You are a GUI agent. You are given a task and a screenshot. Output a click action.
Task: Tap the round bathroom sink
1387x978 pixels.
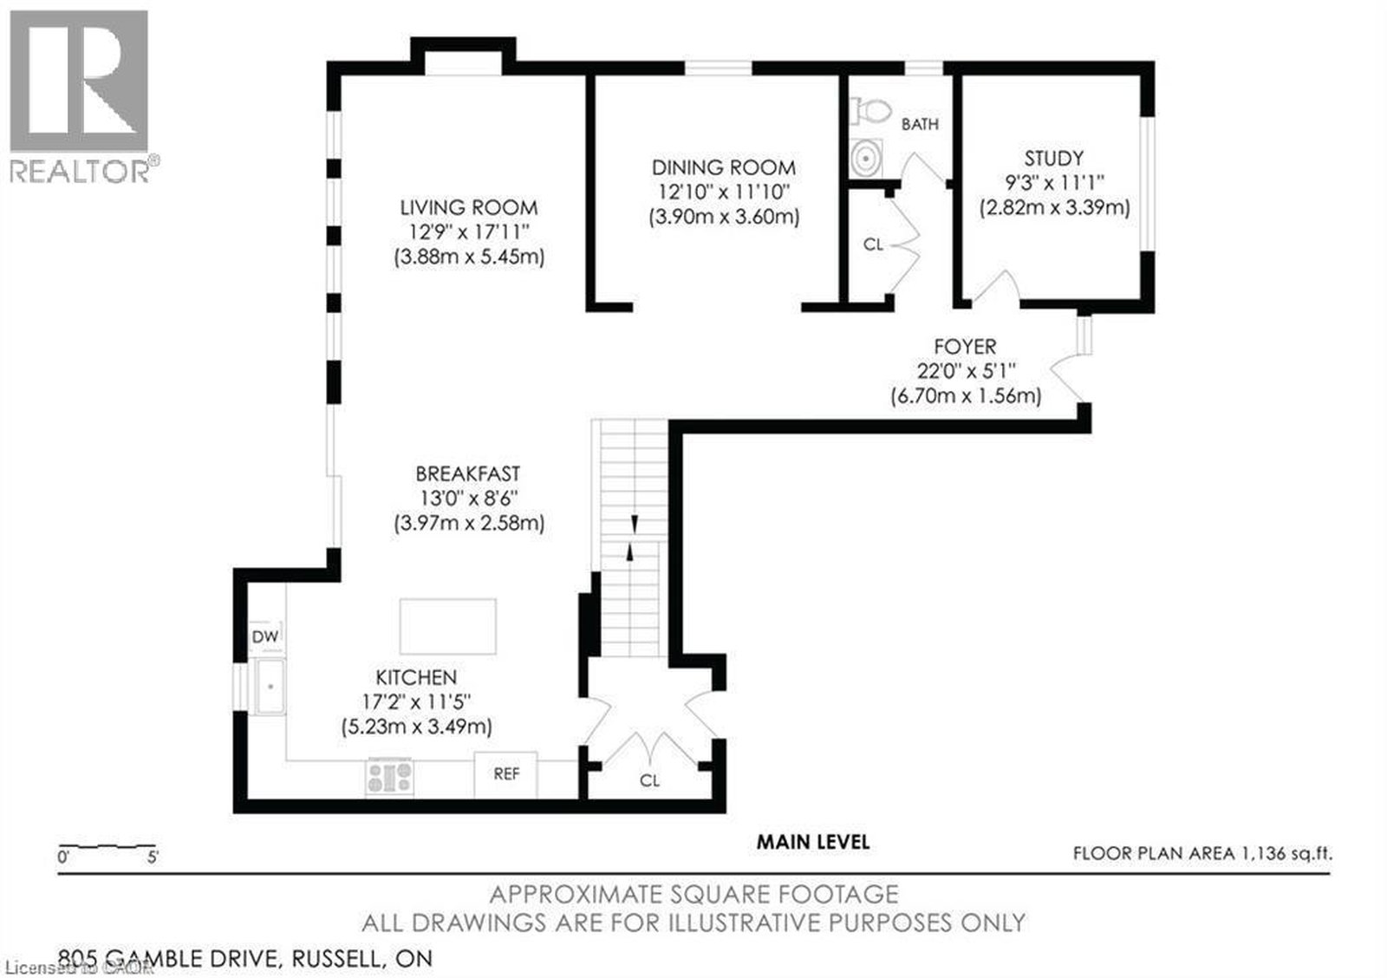coord(866,158)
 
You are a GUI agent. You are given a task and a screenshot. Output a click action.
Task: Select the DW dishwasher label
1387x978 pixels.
coord(265,636)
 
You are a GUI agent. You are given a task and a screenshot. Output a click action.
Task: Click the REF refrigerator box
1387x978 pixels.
coord(505,775)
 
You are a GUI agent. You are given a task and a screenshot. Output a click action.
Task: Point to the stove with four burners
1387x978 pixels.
coord(389,777)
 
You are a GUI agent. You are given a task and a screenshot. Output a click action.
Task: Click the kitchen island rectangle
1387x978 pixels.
coord(447,626)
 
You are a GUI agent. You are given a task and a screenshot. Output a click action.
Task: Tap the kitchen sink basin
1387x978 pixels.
coord(270,687)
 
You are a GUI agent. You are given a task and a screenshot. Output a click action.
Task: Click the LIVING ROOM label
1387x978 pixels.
coord(469,207)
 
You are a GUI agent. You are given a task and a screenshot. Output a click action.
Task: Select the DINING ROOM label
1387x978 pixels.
coord(724,167)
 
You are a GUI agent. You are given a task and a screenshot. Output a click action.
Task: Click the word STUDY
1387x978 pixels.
coord(1054,159)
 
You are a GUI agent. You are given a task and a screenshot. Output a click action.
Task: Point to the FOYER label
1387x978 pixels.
coord(966,346)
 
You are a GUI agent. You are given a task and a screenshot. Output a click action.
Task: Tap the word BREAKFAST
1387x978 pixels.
coord(467,473)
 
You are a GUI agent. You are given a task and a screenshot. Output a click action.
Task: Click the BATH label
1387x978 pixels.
coord(920,125)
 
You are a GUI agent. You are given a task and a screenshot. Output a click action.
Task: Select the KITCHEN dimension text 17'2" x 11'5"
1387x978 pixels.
coord(416,701)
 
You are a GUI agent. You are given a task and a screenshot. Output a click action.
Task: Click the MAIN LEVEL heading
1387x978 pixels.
coord(813,843)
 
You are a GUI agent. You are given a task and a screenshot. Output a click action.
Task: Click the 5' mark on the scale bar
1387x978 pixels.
coord(153,857)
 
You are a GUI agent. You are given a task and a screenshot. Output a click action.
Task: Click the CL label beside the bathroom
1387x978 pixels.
coord(873,244)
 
